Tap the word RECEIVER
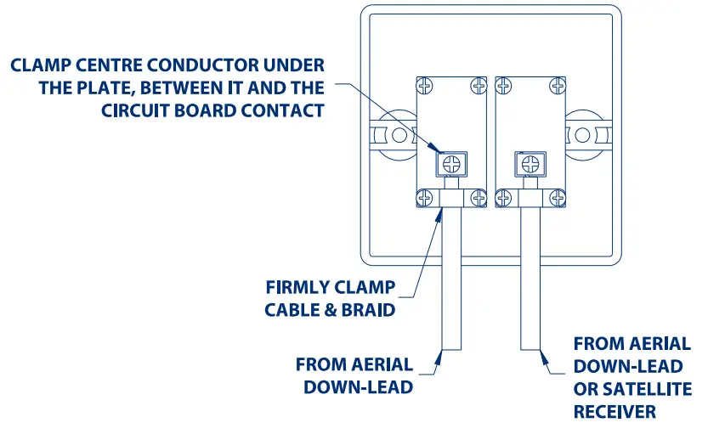(615, 411)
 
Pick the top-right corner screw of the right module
(558, 85)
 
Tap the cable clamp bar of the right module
(531, 198)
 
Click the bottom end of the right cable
(531, 348)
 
